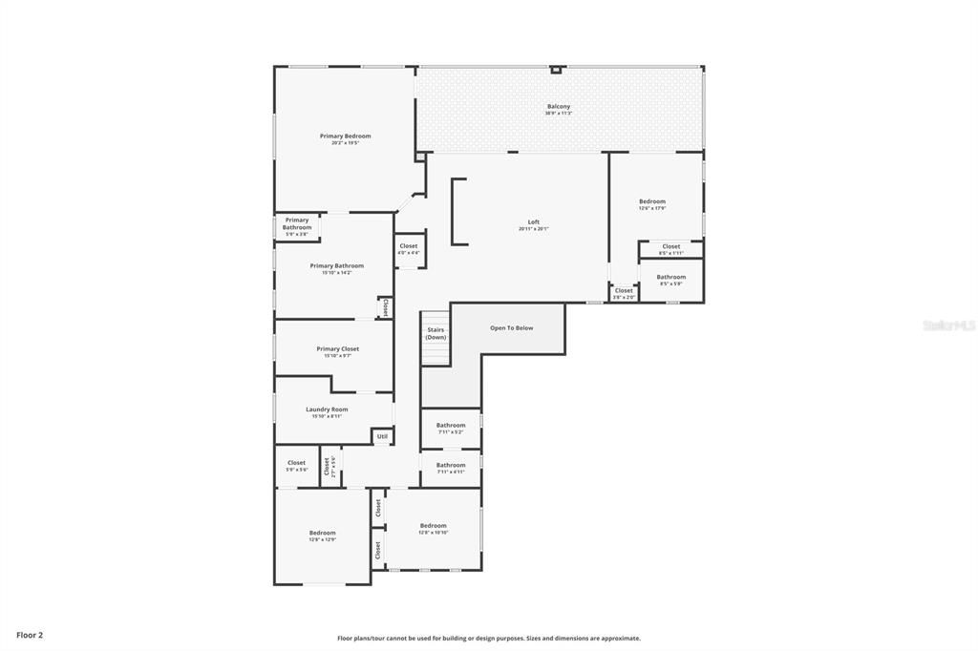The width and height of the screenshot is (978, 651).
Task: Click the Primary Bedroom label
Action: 345,136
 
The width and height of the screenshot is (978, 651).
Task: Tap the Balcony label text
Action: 559,107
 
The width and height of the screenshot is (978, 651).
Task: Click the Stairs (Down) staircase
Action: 436,338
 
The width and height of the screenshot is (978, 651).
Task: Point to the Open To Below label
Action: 512,328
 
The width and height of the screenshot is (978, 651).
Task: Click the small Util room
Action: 382,436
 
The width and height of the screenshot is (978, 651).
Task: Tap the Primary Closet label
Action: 337,349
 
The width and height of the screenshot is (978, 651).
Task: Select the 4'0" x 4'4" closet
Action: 409,249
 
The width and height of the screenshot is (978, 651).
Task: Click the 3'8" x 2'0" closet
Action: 624,292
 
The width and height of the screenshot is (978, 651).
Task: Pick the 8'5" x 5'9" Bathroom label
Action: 671,278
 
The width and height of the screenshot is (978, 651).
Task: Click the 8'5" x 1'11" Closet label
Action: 671,247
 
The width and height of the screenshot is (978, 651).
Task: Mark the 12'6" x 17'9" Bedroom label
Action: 652,202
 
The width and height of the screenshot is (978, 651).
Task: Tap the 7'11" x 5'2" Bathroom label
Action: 451,426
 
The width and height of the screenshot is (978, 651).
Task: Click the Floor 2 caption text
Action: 30,635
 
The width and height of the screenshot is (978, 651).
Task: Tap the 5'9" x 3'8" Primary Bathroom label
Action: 297,224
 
